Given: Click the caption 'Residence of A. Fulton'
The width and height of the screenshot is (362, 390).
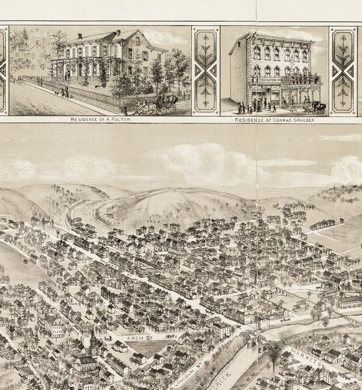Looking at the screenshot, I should point(101,120).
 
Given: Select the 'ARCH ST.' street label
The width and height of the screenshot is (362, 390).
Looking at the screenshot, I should point(140,338).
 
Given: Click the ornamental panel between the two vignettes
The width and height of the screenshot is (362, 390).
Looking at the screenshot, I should point(206,70).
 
